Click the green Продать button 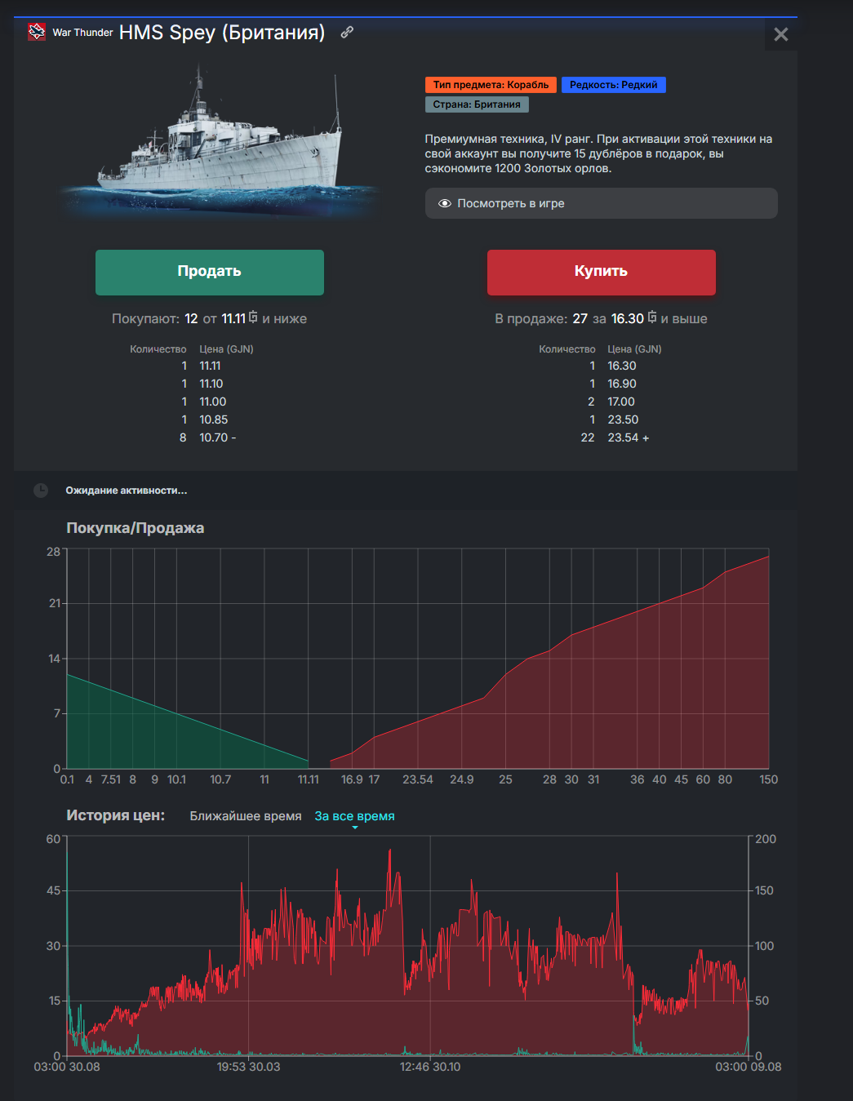[209, 272]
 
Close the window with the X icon [780, 34]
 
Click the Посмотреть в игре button [601, 203]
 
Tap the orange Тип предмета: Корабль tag [491, 85]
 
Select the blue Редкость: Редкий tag [613, 85]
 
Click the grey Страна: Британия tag [477, 104]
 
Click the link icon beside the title [347, 32]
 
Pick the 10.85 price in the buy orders [214, 420]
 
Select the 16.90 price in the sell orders [622, 384]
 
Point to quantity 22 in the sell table [588, 437]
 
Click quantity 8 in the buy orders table [183, 437]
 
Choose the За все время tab [354, 816]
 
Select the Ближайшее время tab [246, 816]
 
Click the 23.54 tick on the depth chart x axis [418, 779]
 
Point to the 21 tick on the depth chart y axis [55, 603]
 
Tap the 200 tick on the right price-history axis [766, 839]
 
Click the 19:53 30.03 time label [248, 1067]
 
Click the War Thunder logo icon [37, 32]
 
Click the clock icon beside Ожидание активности [41, 491]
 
